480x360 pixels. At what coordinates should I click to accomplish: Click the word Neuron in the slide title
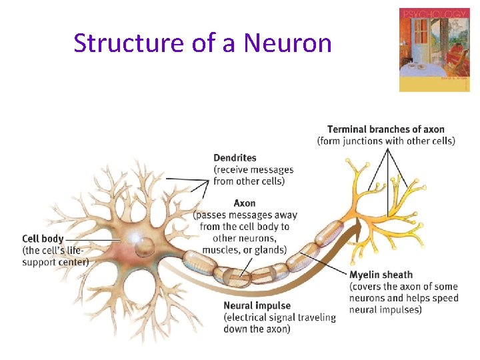point(287,43)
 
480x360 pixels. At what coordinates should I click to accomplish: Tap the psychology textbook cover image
point(434,50)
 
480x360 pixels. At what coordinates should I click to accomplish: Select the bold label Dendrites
point(235,158)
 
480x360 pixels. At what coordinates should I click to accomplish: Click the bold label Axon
point(245,203)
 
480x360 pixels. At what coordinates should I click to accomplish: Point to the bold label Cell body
point(43,239)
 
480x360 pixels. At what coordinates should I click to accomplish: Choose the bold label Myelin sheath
point(381,275)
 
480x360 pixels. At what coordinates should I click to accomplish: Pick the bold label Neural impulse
point(257,306)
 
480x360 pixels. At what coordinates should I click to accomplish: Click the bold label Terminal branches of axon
point(386,129)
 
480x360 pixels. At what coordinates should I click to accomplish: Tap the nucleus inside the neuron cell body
point(143,247)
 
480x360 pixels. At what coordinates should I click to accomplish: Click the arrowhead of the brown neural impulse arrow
point(359,231)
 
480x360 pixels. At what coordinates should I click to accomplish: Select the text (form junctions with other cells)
point(386,141)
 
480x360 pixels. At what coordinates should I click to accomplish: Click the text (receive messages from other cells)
point(253,175)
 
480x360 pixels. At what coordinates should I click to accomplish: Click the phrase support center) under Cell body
point(55,261)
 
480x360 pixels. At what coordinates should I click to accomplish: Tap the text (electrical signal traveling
point(280,317)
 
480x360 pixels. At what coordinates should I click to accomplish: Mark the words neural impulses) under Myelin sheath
point(385,309)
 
